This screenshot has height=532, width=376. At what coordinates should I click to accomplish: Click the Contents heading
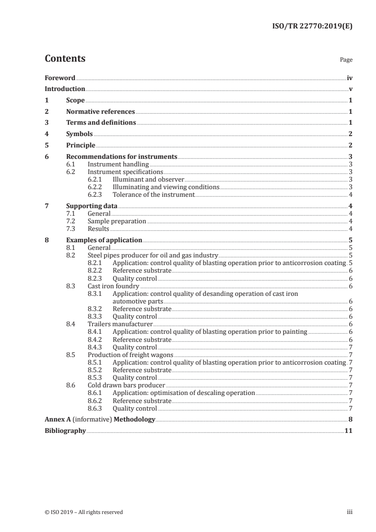(x=65, y=59)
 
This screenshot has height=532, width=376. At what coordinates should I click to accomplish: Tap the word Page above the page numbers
(x=346, y=60)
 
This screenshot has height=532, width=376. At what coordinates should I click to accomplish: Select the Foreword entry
(x=60, y=78)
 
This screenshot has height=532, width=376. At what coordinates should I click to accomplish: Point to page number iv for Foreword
(x=349, y=78)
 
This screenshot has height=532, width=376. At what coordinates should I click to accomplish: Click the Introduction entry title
(x=65, y=89)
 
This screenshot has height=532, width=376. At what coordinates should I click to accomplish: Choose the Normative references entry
(x=100, y=112)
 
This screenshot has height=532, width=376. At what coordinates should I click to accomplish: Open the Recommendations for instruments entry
(x=121, y=157)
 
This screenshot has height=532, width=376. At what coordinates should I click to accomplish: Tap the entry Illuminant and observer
(x=148, y=179)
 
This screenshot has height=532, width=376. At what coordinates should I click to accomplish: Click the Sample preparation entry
(x=117, y=221)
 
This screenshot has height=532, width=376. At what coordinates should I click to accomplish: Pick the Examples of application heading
(x=104, y=240)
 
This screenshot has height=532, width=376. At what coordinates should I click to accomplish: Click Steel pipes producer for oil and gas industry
(x=153, y=255)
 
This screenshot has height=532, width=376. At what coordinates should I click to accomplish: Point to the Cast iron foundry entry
(x=113, y=286)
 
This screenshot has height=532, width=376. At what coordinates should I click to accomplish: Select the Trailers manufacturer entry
(x=120, y=324)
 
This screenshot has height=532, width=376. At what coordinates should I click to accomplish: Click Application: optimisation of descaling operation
(x=183, y=393)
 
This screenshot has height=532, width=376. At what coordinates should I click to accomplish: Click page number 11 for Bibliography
(x=348, y=431)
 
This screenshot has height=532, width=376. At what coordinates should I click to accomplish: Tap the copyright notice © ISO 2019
(x=83, y=512)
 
